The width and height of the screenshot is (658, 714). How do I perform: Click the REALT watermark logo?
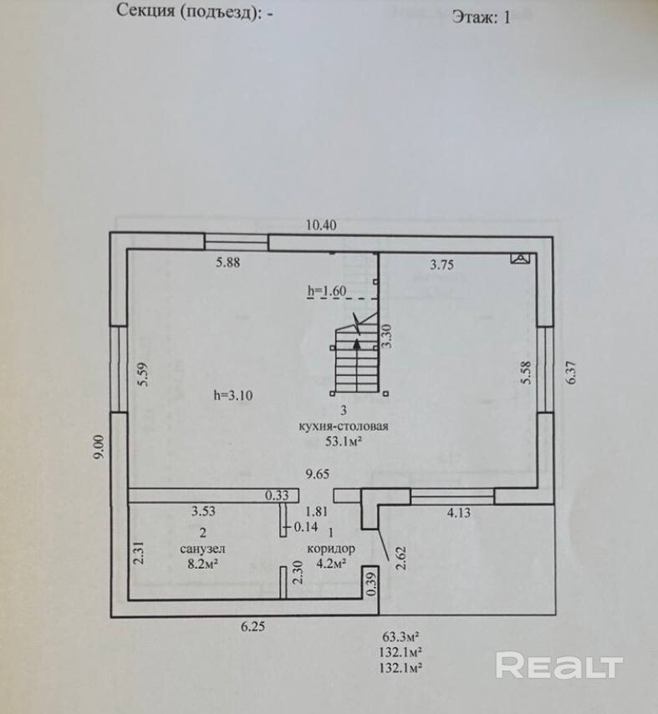[559, 666]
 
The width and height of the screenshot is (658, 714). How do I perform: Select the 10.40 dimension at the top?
[321, 225]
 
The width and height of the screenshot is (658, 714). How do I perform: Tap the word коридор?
[331, 549]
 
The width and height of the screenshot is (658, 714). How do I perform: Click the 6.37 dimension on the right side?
[572, 371]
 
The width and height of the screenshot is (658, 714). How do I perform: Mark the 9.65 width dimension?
[318, 473]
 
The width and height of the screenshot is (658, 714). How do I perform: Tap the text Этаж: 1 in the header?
[480, 18]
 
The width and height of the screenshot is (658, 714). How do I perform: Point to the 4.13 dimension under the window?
[457, 513]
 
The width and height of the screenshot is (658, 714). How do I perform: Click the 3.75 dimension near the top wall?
[442, 265]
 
